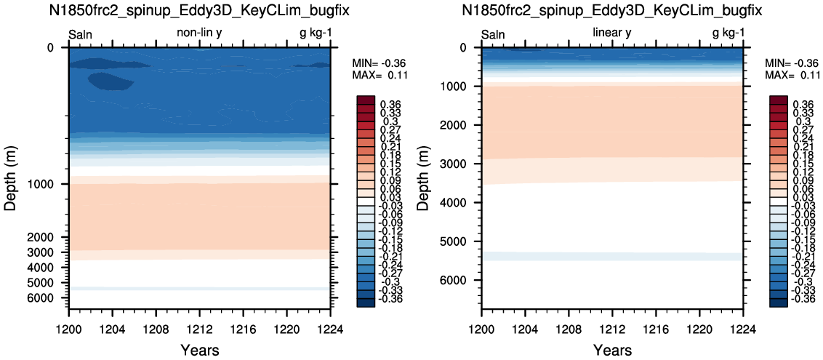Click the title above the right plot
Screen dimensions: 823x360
coord(613,10)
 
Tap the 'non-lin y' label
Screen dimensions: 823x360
coord(203,33)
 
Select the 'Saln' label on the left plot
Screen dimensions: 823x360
coord(80,35)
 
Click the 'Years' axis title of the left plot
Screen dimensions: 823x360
coord(199,350)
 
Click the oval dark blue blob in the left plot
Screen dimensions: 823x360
coord(111,81)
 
